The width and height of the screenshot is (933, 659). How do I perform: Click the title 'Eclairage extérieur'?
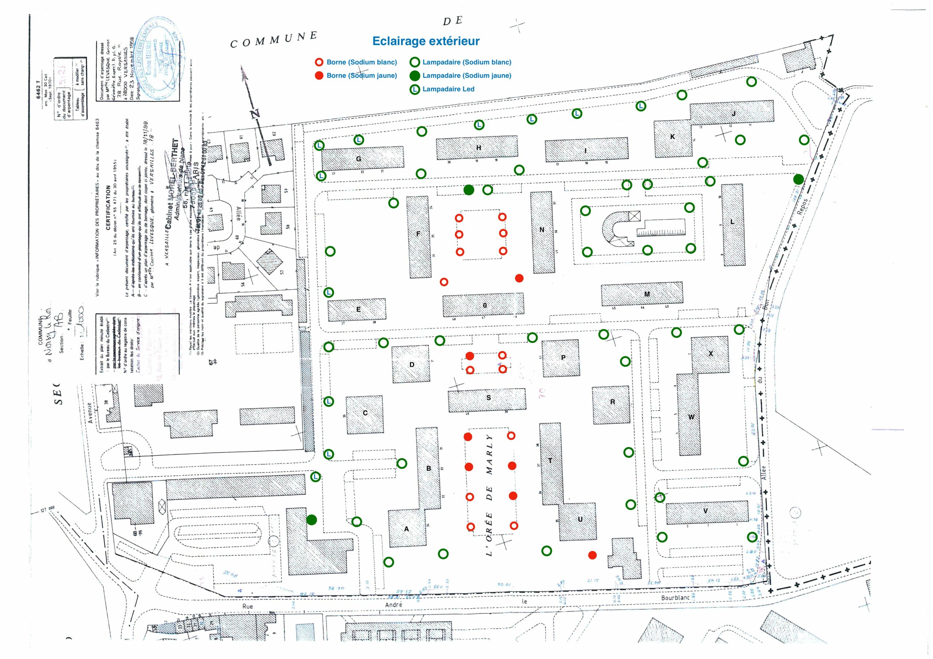(426, 41)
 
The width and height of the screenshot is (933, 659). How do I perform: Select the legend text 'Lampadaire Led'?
(448, 89)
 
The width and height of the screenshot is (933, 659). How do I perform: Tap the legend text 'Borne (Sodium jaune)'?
(361, 75)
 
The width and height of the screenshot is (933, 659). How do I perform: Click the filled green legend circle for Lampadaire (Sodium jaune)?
(415, 75)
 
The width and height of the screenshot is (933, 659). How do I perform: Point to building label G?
(358, 159)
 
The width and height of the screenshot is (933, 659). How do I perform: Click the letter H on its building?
(478, 148)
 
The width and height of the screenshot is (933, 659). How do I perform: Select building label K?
(672, 137)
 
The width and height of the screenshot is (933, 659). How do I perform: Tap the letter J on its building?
(734, 114)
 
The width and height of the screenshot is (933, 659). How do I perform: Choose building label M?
(647, 295)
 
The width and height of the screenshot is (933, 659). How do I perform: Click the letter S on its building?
(488, 398)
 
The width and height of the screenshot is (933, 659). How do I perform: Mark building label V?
(706, 511)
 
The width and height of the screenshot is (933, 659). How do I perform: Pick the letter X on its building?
(711, 354)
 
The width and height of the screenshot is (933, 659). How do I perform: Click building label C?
(365, 413)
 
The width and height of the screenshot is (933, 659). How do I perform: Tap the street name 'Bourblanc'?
(675, 598)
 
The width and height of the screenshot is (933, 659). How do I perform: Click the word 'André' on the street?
(393, 605)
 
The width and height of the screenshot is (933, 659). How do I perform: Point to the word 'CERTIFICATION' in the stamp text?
(108, 208)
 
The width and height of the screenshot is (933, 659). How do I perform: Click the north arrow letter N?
(255, 114)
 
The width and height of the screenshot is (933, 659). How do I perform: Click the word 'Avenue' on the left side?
(90, 413)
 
